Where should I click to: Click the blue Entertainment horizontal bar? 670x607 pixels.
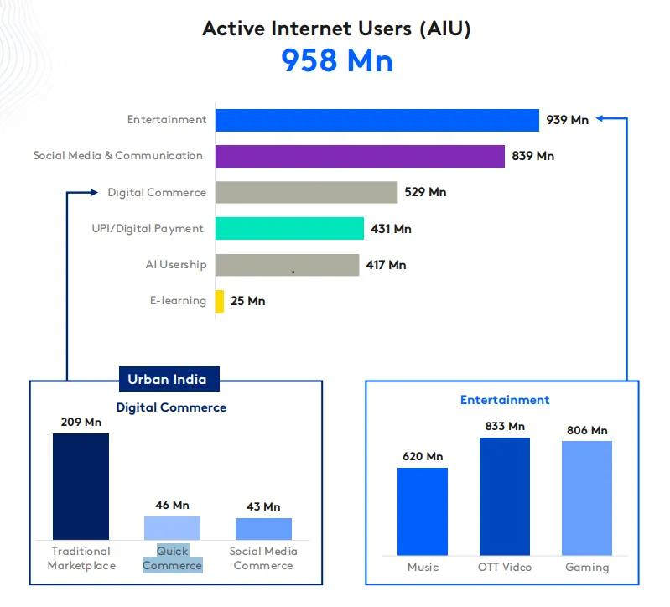point(377,120)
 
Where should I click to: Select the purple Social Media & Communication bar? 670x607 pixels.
point(360,156)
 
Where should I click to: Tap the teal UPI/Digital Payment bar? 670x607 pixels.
point(289,229)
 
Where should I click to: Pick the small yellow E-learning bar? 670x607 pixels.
point(220,301)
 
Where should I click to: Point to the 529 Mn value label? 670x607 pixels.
point(425,192)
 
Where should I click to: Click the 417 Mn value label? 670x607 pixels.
point(386,265)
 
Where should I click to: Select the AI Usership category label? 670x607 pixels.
point(175,265)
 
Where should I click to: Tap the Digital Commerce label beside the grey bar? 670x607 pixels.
point(157,193)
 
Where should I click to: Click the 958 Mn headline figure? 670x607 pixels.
point(336,61)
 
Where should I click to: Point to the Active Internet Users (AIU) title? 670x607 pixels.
point(336,29)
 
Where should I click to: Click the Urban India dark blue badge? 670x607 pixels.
point(167,379)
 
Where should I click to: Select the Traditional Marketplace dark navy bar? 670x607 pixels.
point(81,486)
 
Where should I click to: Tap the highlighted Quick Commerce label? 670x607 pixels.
point(172,558)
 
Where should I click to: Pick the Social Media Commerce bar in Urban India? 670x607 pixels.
point(263,529)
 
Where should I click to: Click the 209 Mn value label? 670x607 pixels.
point(82,422)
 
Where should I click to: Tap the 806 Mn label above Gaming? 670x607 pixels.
point(587,430)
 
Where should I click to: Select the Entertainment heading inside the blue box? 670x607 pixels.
point(505,400)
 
